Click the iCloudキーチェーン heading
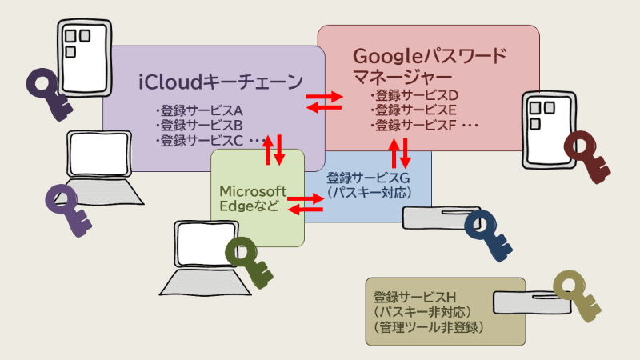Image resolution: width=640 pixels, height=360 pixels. click(x=221, y=82)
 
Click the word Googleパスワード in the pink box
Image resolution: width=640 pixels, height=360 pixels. click(x=430, y=57)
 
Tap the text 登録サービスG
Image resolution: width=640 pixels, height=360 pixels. click(x=368, y=178)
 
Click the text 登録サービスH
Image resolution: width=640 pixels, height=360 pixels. click(x=415, y=295)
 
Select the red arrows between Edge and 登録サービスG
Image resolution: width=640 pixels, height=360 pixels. click(x=306, y=203)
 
